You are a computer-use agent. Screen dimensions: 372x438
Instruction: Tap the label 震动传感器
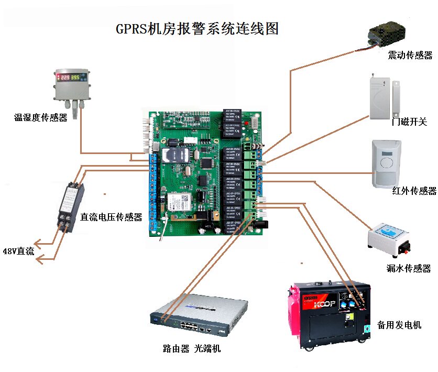410,55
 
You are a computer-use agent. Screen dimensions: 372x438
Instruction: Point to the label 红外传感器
414,191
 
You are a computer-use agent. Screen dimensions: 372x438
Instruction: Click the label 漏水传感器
412,269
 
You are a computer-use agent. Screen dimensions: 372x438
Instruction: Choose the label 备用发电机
399,325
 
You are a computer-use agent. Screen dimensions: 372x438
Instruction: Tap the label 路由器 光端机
192,348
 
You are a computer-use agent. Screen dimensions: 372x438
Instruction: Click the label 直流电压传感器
111,217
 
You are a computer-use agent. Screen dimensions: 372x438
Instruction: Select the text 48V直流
19,251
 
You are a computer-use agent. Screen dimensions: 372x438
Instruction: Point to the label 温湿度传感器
41,118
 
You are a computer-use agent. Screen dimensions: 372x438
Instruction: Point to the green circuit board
204,173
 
